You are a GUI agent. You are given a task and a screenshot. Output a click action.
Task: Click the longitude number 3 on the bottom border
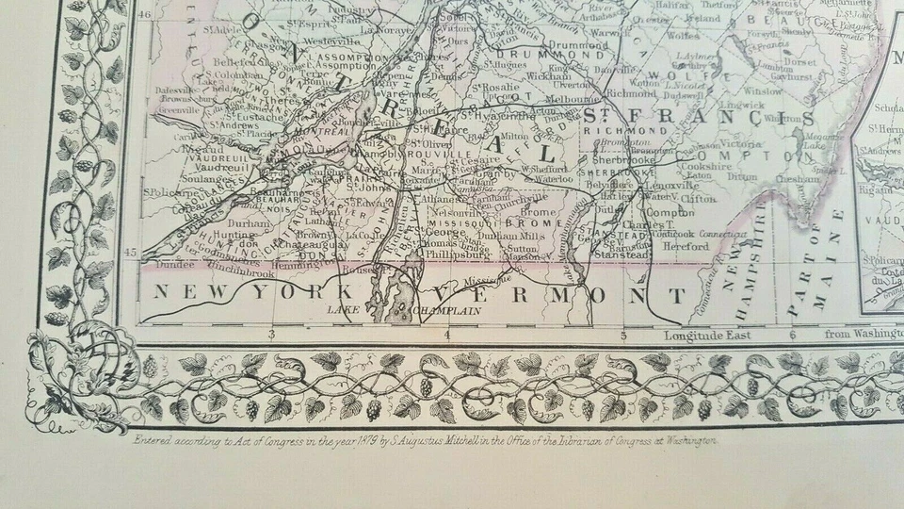[271, 334]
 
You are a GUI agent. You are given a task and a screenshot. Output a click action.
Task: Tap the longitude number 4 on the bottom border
[448, 334]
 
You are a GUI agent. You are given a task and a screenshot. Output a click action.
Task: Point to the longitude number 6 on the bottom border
[793, 334]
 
